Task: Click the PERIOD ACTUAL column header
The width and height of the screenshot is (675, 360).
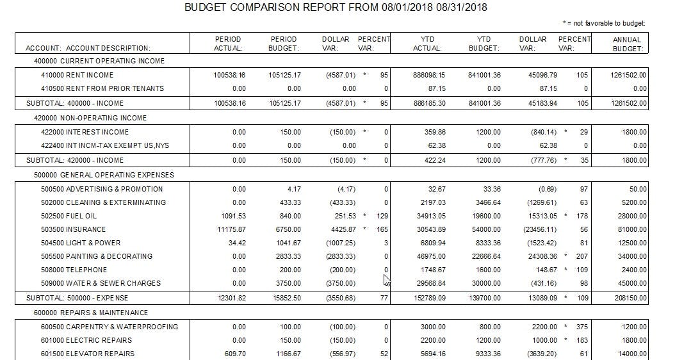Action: click(228, 44)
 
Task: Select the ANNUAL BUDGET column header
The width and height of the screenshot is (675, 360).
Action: click(627, 44)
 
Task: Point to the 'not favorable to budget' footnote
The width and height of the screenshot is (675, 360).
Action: click(604, 24)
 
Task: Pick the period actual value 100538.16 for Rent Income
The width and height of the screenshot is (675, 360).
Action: click(229, 75)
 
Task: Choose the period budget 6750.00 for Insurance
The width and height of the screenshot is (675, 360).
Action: click(287, 229)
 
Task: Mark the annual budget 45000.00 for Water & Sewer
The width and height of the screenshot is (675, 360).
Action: click(630, 283)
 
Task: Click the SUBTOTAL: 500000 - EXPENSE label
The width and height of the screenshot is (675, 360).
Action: click(77, 298)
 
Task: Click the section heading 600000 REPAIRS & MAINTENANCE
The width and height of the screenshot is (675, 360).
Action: click(91, 313)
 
